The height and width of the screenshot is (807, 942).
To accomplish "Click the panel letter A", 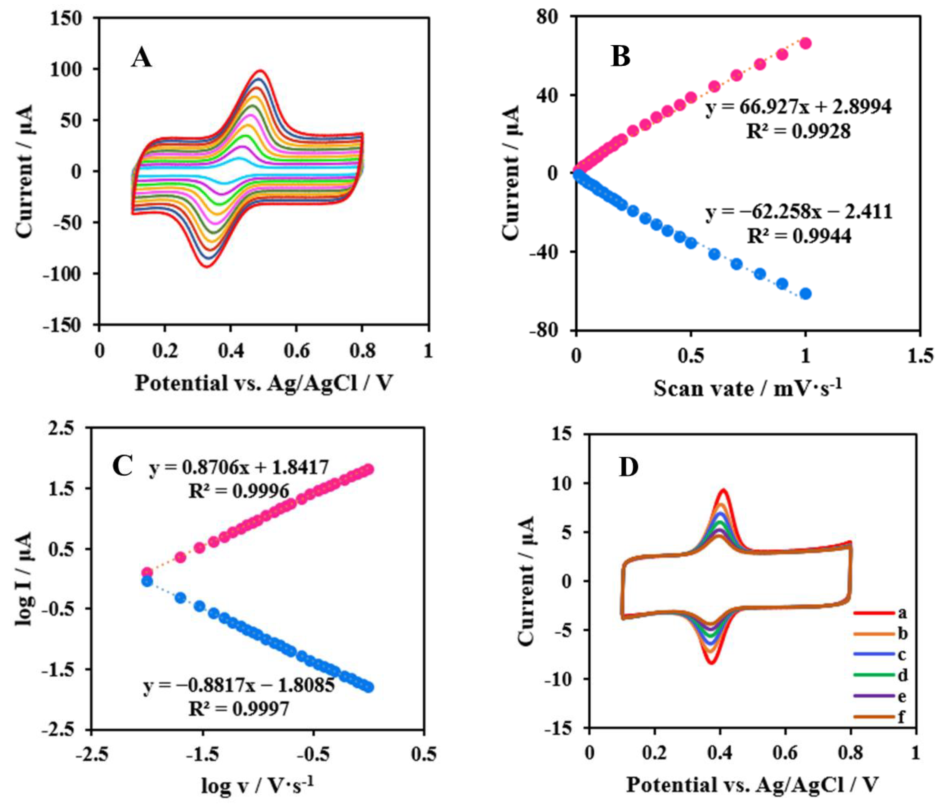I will coord(141,58).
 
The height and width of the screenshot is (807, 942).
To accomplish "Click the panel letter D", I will coord(629,468).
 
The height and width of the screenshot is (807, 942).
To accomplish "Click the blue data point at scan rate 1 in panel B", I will coord(805,294).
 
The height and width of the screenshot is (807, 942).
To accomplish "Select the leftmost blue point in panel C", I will coord(147,581).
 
